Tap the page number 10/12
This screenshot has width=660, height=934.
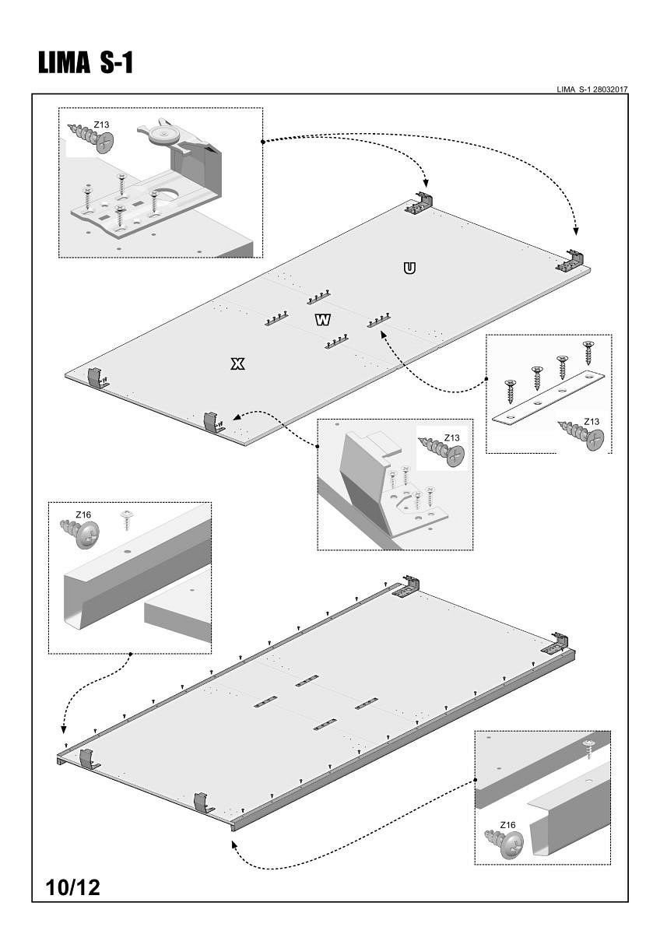(73, 887)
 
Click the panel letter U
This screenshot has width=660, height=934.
(409, 269)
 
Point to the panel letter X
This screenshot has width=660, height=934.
(239, 363)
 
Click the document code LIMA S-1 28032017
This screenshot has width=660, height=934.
(592, 90)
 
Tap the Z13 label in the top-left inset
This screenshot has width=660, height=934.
(101, 123)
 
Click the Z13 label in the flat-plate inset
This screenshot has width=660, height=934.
(592, 422)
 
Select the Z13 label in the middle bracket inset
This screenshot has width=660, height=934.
(452, 437)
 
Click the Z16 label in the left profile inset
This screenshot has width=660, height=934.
(83, 514)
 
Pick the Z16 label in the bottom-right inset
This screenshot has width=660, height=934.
(507, 824)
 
